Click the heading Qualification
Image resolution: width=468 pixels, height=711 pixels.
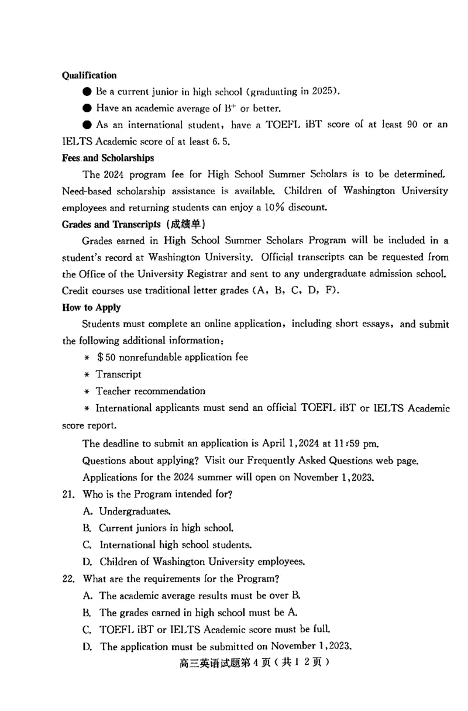89,75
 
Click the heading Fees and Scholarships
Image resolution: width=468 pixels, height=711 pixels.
108,158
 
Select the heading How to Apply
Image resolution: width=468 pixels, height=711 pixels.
91,307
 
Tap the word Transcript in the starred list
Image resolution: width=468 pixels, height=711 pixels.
119,374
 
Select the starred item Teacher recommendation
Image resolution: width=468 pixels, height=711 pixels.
150,390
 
